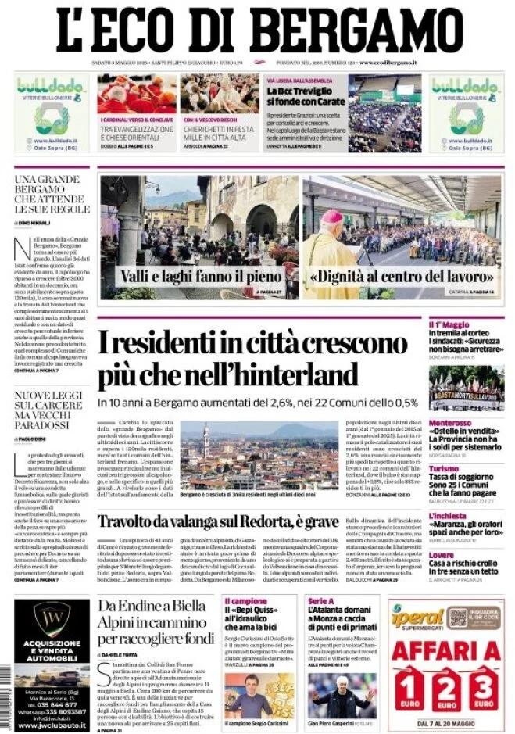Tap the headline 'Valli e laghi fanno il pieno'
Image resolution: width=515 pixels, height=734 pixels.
pos(200,276)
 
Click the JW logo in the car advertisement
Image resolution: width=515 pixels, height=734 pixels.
pos(52,618)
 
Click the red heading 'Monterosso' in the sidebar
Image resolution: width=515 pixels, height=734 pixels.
pos(450,423)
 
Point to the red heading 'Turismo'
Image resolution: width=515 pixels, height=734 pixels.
pos(443,468)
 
